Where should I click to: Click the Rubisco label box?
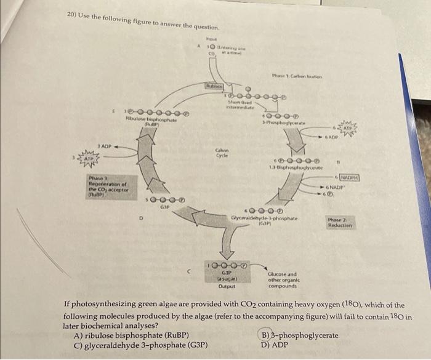213,88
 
